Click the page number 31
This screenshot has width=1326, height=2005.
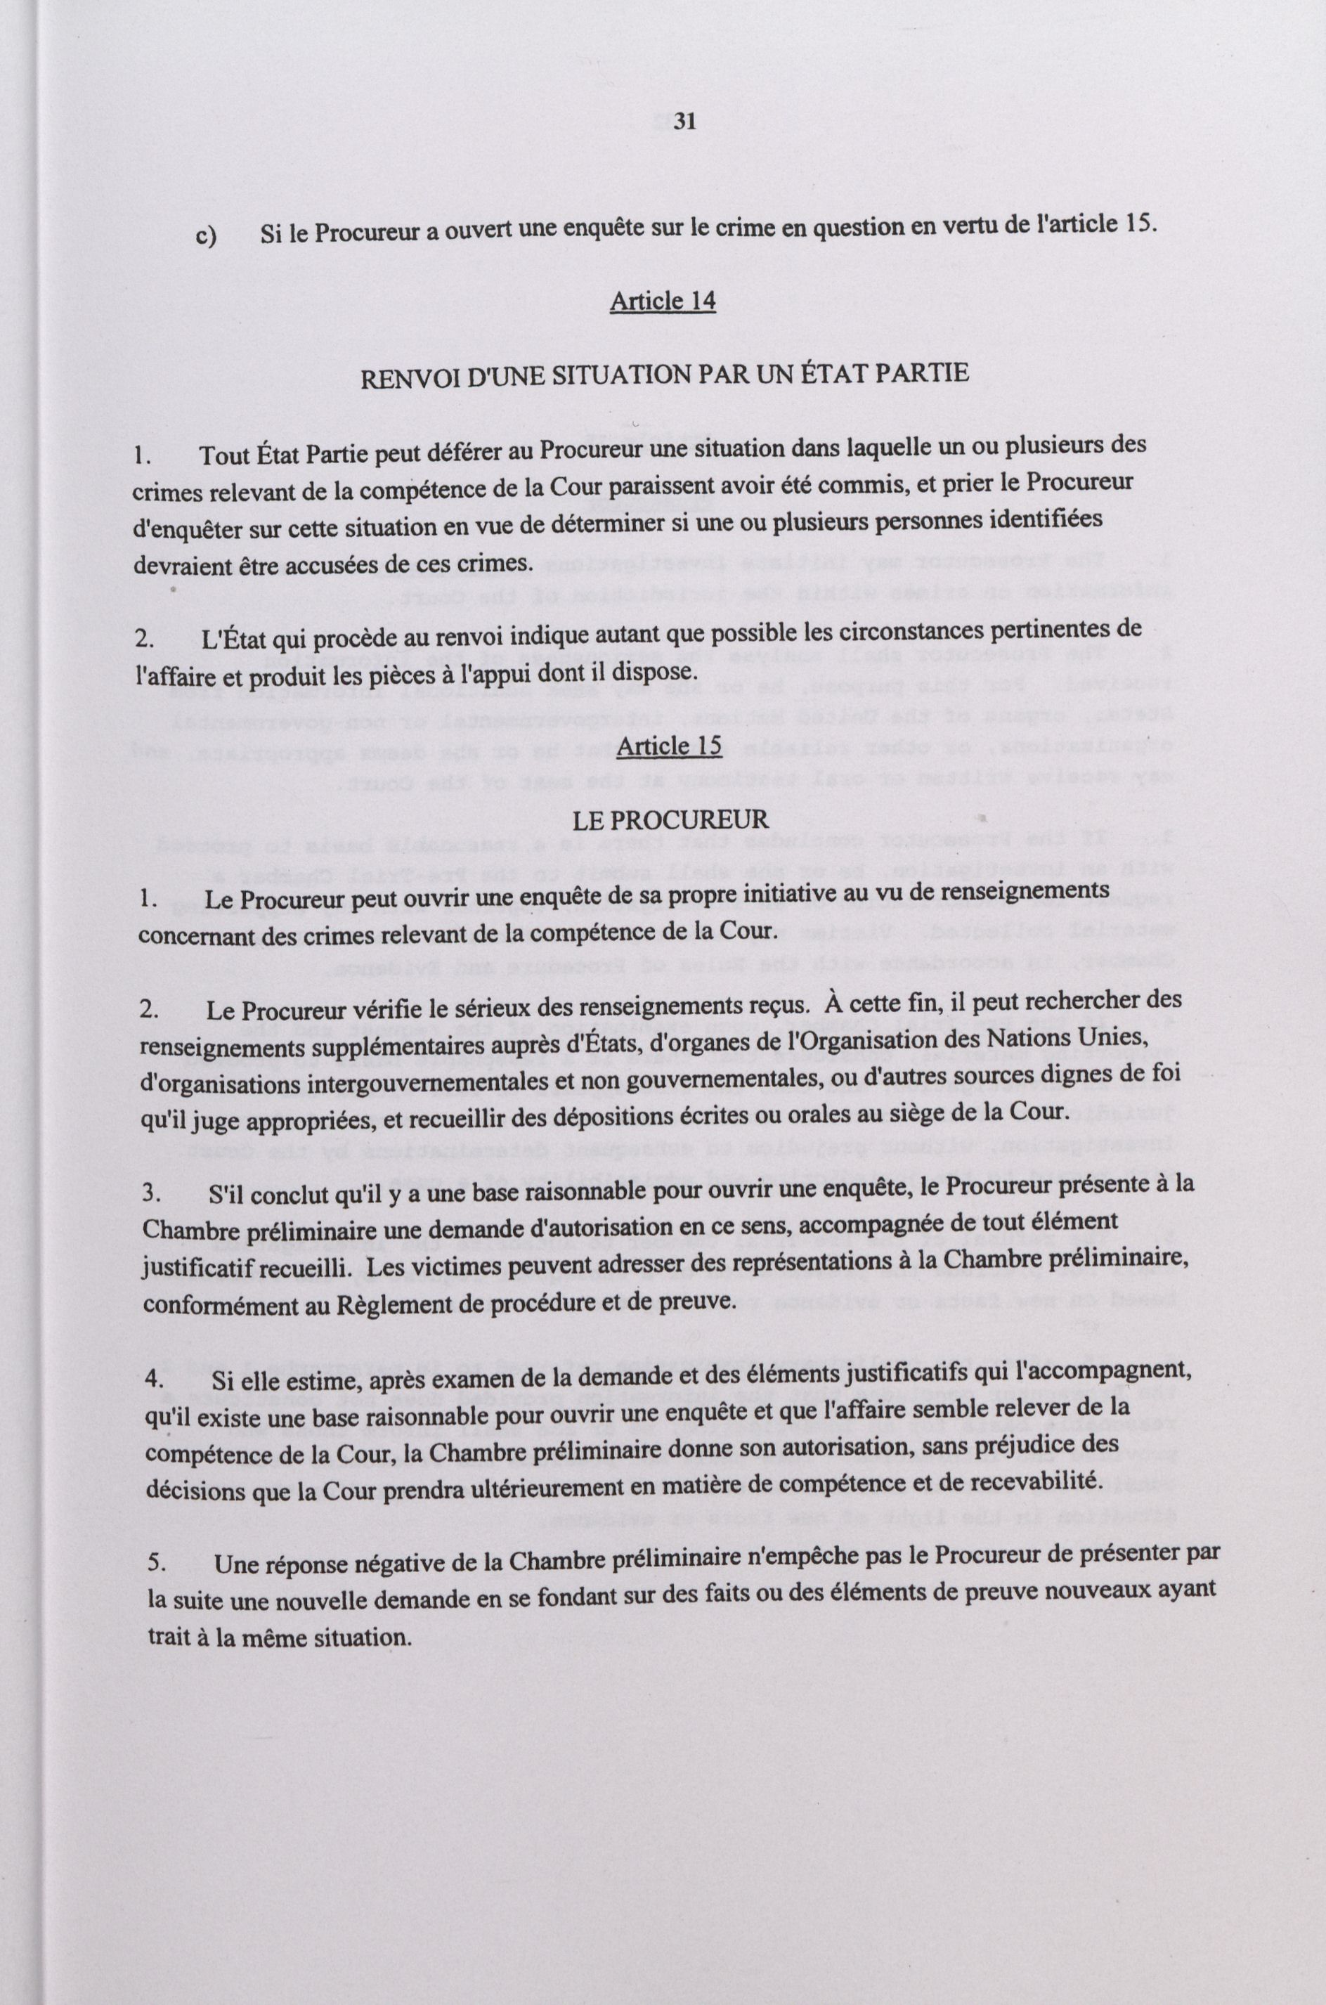[685, 122]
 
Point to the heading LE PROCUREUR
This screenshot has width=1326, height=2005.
[670, 819]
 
